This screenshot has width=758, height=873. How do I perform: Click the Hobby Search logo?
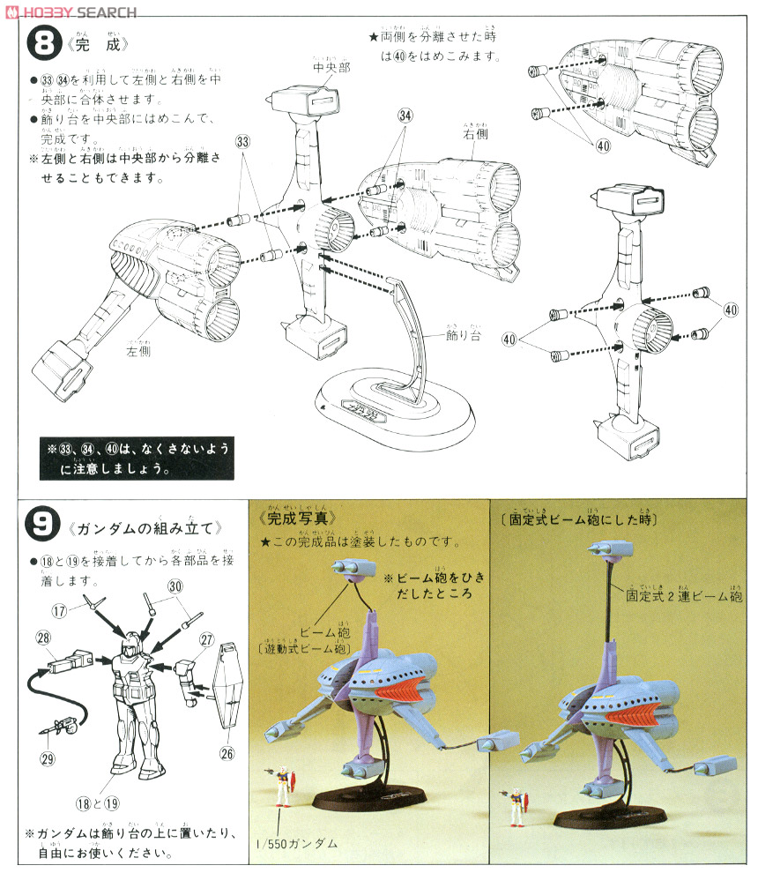pyautogui.click(x=71, y=11)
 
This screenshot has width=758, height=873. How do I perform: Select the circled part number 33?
pyautogui.click(x=243, y=141)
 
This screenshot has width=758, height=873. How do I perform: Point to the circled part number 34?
pyautogui.click(x=405, y=116)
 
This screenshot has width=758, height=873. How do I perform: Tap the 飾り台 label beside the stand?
pyautogui.click(x=462, y=336)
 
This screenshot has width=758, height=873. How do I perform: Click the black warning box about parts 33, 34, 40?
pyautogui.click(x=137, y=459)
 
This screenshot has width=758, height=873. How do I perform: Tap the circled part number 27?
pyautogui.click(x=208, y=639)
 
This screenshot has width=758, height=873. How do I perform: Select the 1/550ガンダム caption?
pyautogui.click(x=303, y=843)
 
